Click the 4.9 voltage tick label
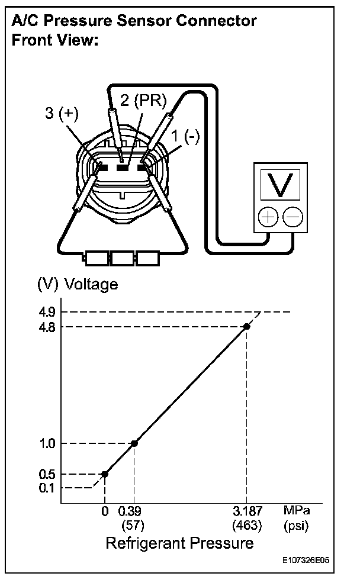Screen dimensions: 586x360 48,312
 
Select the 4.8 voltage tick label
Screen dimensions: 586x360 48,326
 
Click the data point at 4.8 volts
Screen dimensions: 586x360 247,326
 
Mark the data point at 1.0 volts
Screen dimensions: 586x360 134,443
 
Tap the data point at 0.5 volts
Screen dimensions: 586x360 105,474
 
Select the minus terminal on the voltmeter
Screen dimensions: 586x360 291,217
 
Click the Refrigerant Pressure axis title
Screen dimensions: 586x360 179,543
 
